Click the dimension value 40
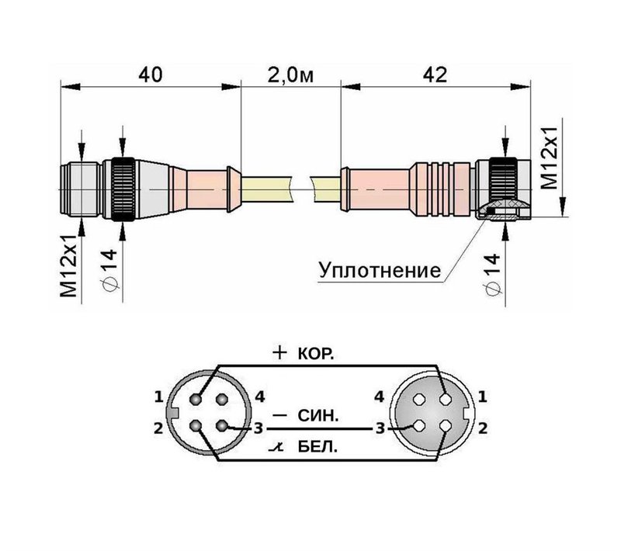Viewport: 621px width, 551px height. tap(151, 75)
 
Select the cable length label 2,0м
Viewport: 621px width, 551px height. tap(290, 75)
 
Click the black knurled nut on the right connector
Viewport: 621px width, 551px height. tap(505, 182)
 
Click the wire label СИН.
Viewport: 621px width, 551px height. tap(317, 416)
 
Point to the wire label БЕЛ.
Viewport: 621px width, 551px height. tap(317, 449)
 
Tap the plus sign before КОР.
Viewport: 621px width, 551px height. tap(281, 352)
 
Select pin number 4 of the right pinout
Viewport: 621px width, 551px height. tap(380, 397)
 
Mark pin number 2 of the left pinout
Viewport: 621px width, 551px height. tap(158, 426)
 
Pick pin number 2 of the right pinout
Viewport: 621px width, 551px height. tap(482, 426)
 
